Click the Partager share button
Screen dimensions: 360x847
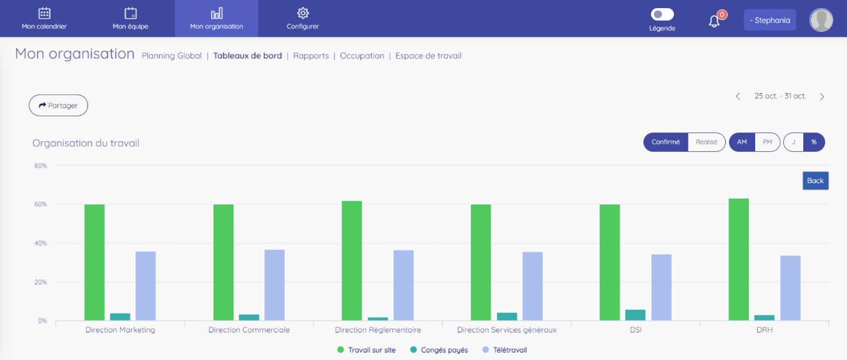[58, 106]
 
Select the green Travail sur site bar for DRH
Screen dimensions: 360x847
[738, 259]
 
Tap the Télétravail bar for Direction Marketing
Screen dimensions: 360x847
[146, 286]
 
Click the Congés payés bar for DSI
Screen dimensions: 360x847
[635, 315]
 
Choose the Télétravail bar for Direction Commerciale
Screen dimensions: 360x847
[274, 285]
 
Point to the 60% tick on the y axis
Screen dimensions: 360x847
[41, 204]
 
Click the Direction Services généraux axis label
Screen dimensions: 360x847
[506, 330]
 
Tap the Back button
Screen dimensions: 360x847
[815, 181]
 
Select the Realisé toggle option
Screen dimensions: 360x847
[706, 142]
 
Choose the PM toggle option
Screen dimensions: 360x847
[767, 142]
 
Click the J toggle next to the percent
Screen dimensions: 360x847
[793, 142]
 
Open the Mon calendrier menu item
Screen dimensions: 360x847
[44, 19]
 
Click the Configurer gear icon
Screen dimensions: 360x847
[303, 13]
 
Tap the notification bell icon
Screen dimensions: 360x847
[714, 21]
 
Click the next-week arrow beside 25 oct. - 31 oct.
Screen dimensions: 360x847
[822, 96]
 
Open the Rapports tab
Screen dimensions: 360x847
[311, 56]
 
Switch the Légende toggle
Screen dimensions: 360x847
[662, 14]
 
